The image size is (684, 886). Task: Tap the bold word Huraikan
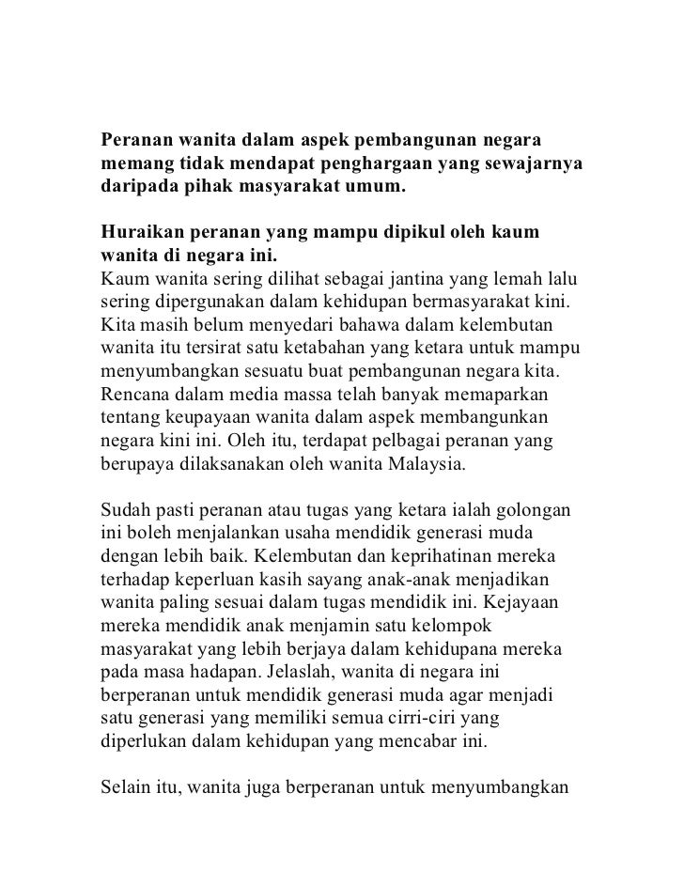click(x=142, y=231)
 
